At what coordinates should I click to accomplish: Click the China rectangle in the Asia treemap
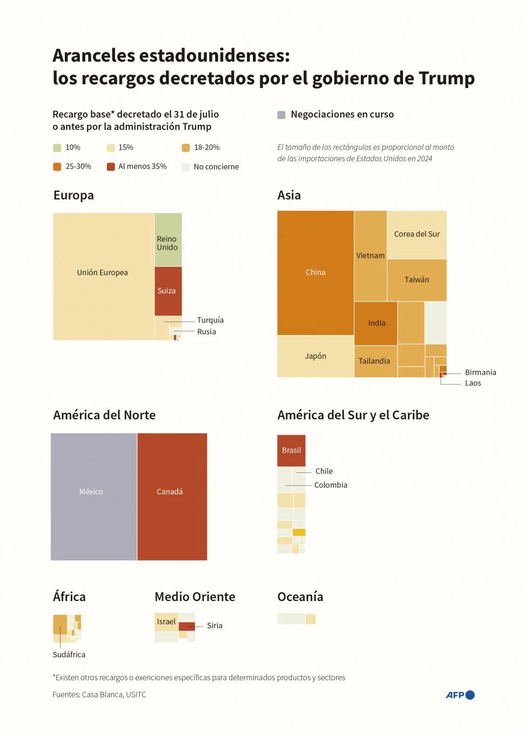(x=315, y=272)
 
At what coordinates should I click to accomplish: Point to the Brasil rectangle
(x=291, y=450)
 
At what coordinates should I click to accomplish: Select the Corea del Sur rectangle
(x=417, y=235)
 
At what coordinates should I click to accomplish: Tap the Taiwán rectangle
(x=417, y=280)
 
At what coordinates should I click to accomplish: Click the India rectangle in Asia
(x=376, y=323)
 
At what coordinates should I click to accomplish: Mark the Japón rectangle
(x=315, y=356)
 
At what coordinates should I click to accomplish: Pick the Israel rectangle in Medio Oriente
(x=166, y=622)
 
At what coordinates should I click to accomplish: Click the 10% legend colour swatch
(x=57, y=148)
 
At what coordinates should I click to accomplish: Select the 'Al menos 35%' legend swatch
(x=111, y=166)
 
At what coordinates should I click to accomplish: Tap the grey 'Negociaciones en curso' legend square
(x=281, y=115)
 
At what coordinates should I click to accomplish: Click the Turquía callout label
(x=210, y=320)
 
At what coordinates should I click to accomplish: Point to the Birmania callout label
(x=480, y=372)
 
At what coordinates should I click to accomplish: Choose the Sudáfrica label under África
(x=69, y=655)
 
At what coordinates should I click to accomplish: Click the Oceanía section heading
(x=300, y=597)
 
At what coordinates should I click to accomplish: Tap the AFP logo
(x=460, y=695)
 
